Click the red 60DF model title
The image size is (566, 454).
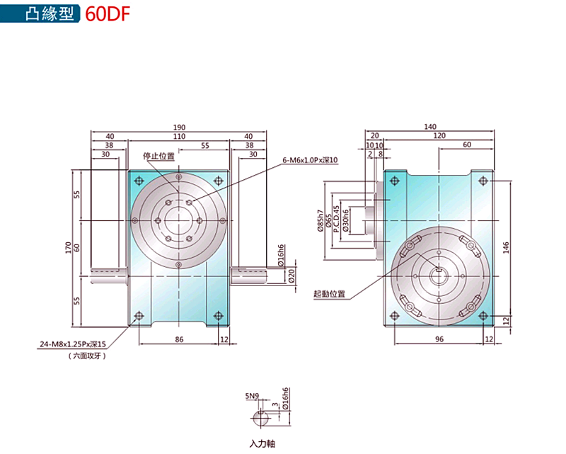pos(108,14)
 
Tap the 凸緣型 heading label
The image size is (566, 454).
pos(50,13)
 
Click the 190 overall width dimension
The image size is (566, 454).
pos(179,127)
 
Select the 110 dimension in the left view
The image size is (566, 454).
pos(179,136)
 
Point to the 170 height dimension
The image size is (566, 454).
pos(68,248)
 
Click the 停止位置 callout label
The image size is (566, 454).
pos(158,156)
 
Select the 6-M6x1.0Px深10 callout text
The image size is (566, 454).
pos(310,160)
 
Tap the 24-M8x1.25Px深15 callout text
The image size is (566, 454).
pos(73,344)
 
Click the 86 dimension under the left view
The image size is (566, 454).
pos(179,339)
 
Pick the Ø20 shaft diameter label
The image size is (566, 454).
pos(291,276)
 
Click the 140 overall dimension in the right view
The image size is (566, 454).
pos(430,127)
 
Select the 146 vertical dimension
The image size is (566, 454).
pos(506,248)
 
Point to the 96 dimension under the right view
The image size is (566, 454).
pos(439,339)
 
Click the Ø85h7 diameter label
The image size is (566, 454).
pos(320,220)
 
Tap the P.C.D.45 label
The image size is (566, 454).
pos(336,219)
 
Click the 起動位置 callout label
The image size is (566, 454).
pos(329,294)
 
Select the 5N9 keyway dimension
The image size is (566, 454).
pos(252,396)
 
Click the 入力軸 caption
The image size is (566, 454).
pos(262,443)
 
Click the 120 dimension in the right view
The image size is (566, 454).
pos(439,135)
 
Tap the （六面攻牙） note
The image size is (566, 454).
pos(87,356)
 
